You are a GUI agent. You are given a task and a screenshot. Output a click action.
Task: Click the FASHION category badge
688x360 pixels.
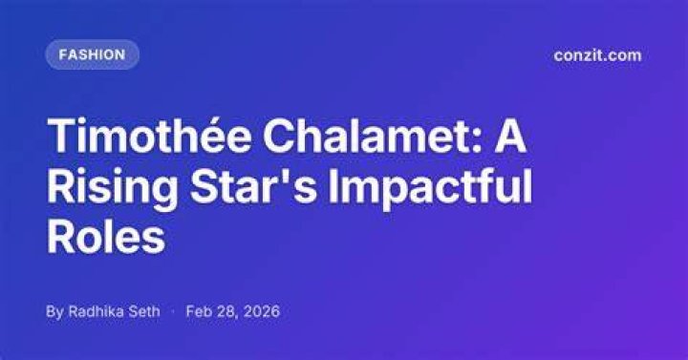click(93, 54)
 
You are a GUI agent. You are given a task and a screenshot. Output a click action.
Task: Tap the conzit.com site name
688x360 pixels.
click(597, 55)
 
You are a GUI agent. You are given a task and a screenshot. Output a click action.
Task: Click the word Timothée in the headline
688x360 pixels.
click(150, 135)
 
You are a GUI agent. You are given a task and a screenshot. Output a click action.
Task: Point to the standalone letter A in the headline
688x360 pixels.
click(510, 136)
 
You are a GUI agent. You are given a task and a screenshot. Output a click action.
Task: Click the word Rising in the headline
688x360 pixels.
click(112, 188)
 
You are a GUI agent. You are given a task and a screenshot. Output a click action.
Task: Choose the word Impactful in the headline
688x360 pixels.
click(430, 188)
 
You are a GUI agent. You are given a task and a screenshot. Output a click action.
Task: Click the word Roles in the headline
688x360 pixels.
click(106, 238)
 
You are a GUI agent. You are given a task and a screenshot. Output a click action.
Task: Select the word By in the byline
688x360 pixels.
click(54, 311)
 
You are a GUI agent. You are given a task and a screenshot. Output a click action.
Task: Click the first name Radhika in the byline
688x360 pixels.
click(97, 311)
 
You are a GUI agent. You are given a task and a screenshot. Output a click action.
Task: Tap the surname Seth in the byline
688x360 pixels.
click(144, 311)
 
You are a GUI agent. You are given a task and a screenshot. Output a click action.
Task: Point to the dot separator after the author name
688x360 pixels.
click(173, 311)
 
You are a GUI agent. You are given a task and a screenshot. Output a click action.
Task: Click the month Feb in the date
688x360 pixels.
click(198, 311)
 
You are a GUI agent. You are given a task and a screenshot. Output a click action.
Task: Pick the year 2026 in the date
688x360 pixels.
click(261, 311)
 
